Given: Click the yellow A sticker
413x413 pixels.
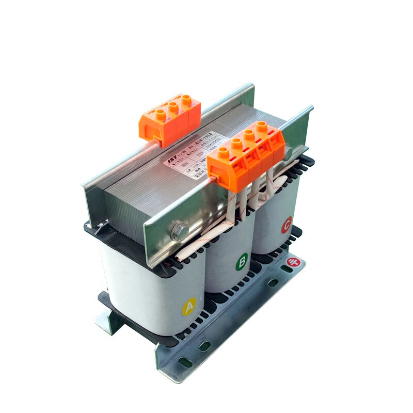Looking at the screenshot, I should click(x=188, y=308).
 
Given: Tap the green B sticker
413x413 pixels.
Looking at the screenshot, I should click(x=242, y=264).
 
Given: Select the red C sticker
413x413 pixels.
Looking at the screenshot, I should click(x=286, y=226).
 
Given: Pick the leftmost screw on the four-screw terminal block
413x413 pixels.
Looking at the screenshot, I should click(x=224, y=152).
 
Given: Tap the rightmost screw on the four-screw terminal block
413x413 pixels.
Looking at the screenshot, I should click(x=262, y=126).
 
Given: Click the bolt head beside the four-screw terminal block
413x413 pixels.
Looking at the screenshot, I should click(x=288, y=151).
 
